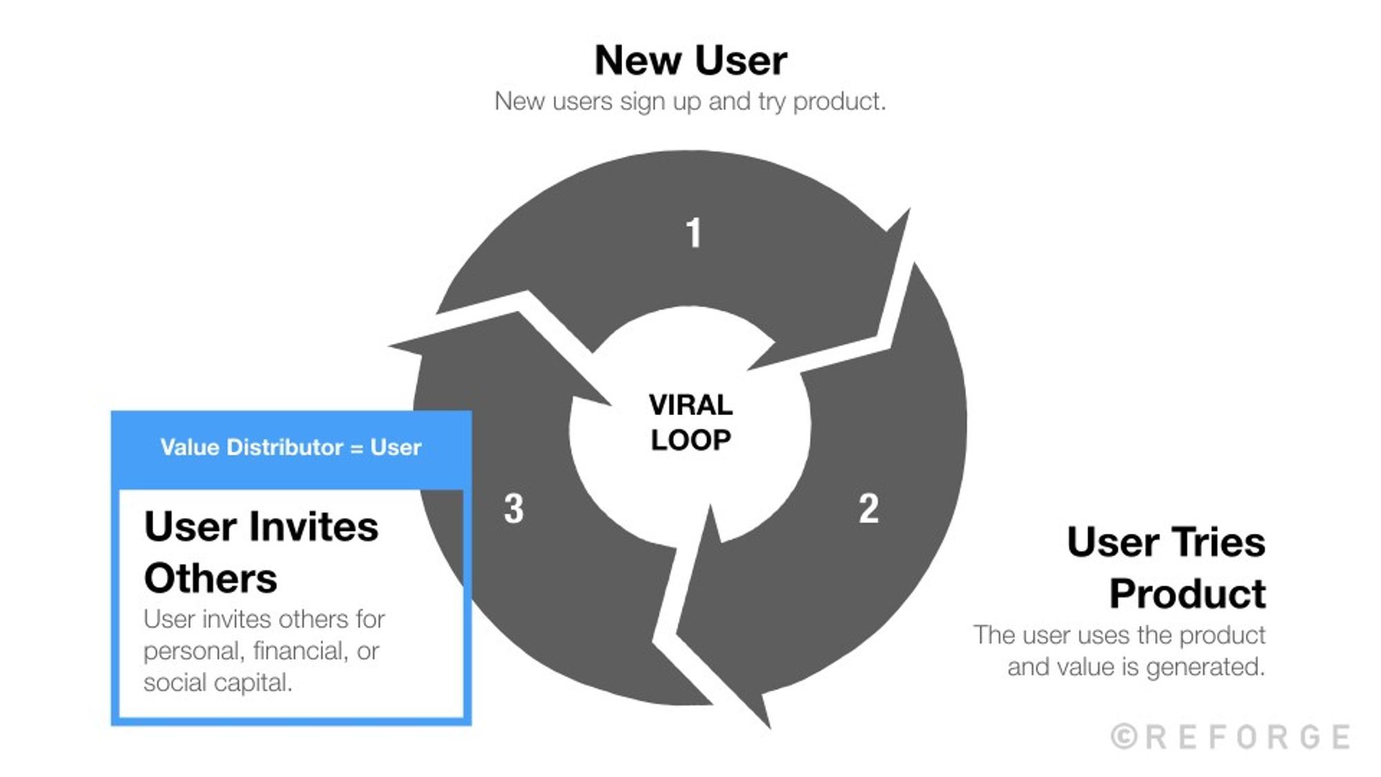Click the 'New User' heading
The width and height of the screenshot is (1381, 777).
690,61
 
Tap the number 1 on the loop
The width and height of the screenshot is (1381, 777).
693,233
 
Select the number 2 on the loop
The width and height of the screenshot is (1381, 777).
869,509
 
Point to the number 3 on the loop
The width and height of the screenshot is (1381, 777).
514,509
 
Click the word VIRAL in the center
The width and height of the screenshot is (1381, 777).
690,405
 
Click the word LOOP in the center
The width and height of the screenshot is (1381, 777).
690,441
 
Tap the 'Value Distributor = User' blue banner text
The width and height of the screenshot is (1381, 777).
291,448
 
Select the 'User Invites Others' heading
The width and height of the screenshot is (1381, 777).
261,552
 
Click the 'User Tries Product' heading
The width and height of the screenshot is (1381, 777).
1166,567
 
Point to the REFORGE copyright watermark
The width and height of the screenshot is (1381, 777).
1231,737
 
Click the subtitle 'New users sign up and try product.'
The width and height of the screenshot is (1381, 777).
690,102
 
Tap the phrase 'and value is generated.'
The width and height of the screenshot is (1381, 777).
1136,667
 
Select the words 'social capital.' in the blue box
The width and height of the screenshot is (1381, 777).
218,683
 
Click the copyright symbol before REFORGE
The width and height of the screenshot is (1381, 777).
1124,737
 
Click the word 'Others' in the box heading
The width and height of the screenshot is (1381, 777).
211,578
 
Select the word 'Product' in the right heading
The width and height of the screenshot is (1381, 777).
1187,593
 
